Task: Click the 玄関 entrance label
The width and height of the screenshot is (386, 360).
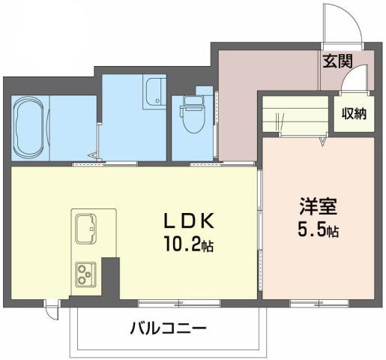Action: click(x=338, y=61)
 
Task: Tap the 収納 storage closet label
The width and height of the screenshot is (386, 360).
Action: click(x=354, y=115)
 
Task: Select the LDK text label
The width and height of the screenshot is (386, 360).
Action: click(x=190, y=221)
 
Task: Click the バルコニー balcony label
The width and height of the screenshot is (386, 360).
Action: click(x=168, y=328)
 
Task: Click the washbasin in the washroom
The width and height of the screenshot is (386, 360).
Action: click(x=155, y=93)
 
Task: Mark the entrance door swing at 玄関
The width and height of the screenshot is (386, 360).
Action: click(x=342, y=22)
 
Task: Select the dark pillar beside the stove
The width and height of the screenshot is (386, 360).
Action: click(x=111, y=279)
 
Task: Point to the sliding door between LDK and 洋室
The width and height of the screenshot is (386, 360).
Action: click(x=259, y=232)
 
